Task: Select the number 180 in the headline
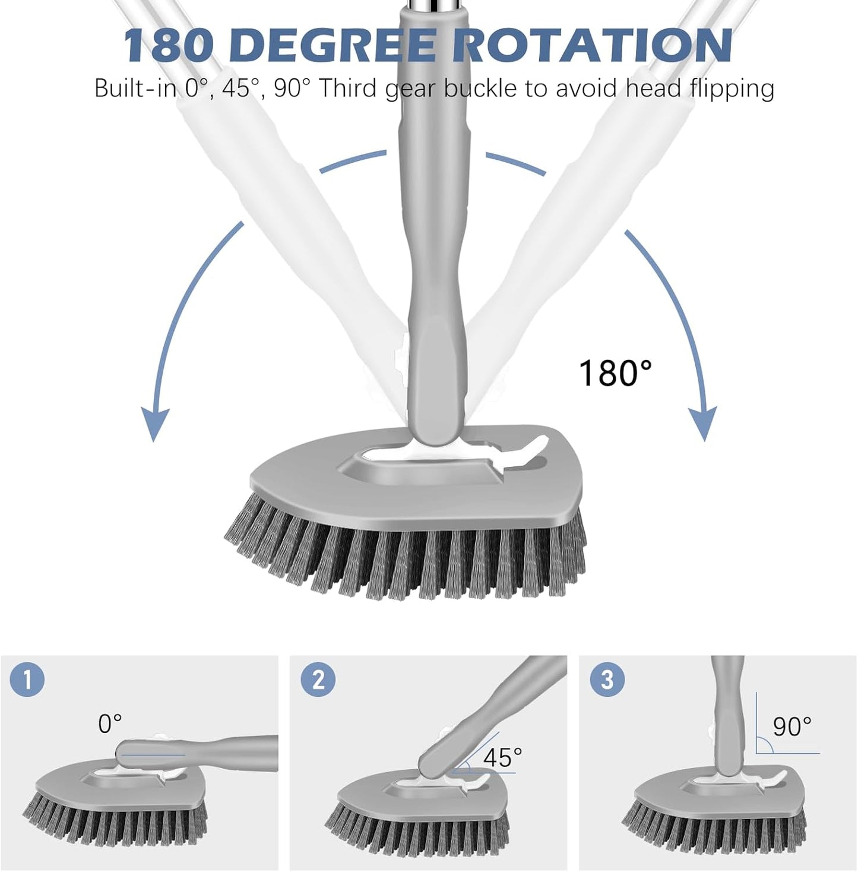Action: pos(169,45)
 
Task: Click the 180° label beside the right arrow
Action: pos(615,373)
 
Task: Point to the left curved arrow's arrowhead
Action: pos(154,425)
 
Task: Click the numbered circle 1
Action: pos(27,680)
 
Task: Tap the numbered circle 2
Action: pos(318,680)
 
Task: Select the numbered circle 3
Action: pos(607,680)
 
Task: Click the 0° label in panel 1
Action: pos(110,723)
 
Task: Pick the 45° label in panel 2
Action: pos(502,757)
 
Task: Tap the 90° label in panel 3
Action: pos(792,726)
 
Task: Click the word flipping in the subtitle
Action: pos(732,89)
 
